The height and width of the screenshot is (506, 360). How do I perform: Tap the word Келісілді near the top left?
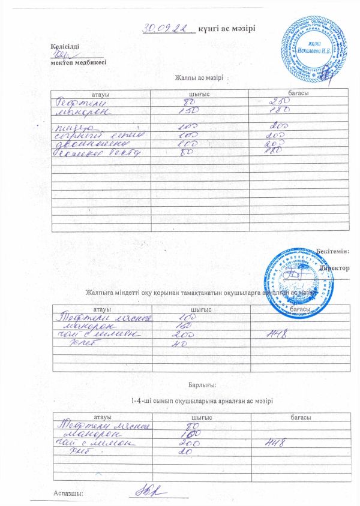64,46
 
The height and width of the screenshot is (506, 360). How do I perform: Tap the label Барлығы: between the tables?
200,384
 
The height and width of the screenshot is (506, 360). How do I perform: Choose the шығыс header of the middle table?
200,308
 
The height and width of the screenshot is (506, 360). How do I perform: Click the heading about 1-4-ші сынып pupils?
197,400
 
